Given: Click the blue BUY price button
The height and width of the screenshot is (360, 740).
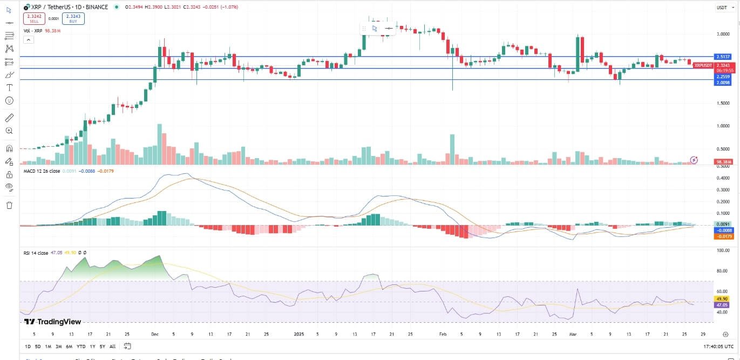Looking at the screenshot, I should coord(73,19).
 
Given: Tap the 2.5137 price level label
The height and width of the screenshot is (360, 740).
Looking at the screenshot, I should coord(723,57).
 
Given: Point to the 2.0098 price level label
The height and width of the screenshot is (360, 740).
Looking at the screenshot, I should coord(723,83).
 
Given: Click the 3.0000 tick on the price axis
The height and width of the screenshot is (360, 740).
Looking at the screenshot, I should coord(723,34).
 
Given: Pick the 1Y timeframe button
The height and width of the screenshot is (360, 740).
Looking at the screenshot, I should coord(93,347).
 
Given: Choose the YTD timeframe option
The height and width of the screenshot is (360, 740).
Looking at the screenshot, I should coord(81,347).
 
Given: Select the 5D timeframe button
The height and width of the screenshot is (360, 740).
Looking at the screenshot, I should coord(37,347).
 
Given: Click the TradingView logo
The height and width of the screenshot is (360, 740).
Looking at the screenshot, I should coord(52,322).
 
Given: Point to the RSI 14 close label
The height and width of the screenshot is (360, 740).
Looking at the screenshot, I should coord(36,253).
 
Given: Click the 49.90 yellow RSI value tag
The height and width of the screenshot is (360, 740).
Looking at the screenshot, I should coord(723,298).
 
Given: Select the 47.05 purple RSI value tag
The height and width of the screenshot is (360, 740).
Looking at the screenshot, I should coord(723,304).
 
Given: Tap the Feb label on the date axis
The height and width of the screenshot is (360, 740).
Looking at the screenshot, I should coord(443,334).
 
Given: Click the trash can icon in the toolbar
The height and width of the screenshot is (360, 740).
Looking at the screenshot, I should coord(9,205).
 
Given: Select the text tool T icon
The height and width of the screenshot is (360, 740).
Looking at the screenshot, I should coord(9,87).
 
